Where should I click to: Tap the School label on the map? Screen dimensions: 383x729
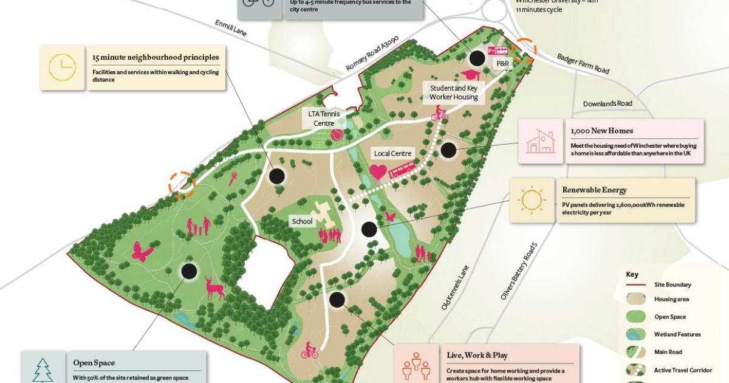tap(302, 221)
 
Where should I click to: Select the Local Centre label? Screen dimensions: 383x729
tap(393, 154)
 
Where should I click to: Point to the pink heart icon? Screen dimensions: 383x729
tap(378, 172)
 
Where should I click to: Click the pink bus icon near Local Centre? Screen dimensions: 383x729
tap(402, 170)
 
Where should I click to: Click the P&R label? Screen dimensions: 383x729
tap(502, 63)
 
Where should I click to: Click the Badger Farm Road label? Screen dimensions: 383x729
tap(583, 63)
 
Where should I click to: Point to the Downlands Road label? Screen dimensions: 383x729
tap(607, 103)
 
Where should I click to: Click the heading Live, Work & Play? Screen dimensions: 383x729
tap(477, 355)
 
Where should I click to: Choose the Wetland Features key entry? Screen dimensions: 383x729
tap(677, 334)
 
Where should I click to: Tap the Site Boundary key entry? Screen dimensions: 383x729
tap(672, 285)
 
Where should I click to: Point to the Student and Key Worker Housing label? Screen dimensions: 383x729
tap(454, 92)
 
